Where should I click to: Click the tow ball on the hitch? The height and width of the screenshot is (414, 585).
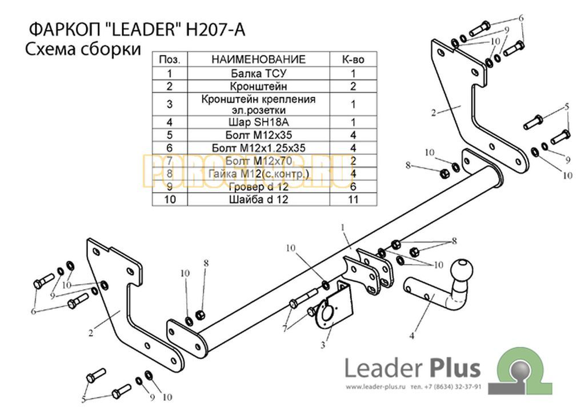click(462, 270)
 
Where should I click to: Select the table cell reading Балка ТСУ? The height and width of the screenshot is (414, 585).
click(258, 73)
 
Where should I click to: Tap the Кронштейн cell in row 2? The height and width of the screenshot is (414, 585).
click(258, 86)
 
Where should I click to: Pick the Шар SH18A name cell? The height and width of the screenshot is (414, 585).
click(258, 122)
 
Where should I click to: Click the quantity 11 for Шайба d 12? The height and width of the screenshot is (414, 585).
click(353, 200)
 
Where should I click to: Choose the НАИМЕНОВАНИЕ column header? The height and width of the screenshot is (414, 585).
click(258, 59)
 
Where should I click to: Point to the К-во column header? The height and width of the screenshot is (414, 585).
click(353, 59)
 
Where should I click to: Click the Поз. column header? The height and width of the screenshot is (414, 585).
click(170, 59)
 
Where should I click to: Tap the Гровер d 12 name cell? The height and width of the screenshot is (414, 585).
click(258, 186)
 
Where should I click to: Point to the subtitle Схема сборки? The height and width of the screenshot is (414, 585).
click(83, 49)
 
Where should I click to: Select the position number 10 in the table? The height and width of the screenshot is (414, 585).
click(170, 200)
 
